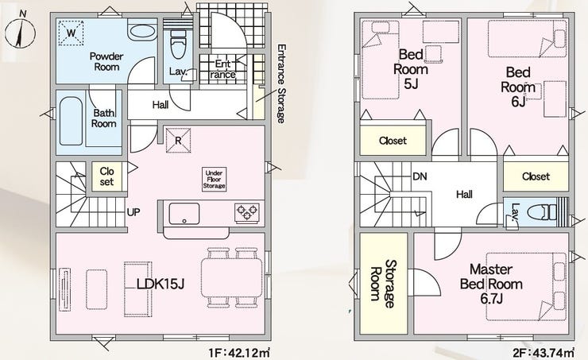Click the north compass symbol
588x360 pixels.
pos(20,32)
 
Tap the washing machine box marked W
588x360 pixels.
pos(72,33)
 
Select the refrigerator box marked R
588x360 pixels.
pos(179,141)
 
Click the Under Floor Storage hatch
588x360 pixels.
pos(214,180)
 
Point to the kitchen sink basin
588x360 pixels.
pos(184,214)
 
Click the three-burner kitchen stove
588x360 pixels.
pos(247,213)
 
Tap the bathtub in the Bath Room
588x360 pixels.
pos(71,121)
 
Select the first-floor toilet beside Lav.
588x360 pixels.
pos(178,44)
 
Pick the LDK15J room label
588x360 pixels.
pos(161,285)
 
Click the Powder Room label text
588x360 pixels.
pos(106,62)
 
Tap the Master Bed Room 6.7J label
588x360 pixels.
pos(491,284)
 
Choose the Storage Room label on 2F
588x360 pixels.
pos(383,284)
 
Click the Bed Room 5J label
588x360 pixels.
pos(411,69)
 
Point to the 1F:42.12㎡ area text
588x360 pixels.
pos(240,353)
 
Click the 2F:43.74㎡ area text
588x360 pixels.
pos(544,353)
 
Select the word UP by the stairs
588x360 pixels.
pos(133,212)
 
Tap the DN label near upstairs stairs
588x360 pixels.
pos(420,176)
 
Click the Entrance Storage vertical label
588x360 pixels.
pos(281,83)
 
